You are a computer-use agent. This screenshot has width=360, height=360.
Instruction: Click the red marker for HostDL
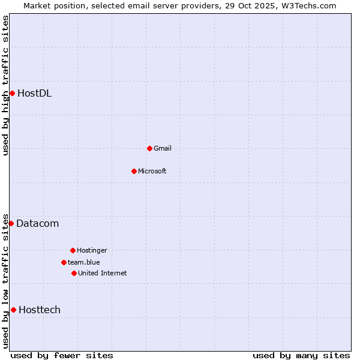(12, 93)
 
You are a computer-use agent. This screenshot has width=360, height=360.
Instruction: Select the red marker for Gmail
(149, 148)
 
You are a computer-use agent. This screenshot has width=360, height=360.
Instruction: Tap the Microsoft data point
(134, 171)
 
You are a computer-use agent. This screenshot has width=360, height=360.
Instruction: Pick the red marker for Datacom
(11, 223)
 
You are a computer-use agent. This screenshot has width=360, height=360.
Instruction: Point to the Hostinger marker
(73, 250)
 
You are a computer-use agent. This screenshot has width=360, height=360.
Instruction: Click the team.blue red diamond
(64, 262)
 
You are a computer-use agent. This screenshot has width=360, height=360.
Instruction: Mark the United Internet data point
(74, 273)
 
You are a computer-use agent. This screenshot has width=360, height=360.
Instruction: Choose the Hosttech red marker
(13, 310)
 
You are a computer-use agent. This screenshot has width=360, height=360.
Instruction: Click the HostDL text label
(34, 93)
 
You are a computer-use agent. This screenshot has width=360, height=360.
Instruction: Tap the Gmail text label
(163, 148)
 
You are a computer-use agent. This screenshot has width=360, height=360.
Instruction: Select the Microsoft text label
(152, 171)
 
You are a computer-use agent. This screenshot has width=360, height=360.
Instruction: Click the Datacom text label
(37, 224)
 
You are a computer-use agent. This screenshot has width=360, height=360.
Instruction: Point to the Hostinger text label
(92, 250)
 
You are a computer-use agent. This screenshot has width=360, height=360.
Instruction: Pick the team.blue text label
(84, 262)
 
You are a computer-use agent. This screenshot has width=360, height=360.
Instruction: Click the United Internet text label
(103, 273)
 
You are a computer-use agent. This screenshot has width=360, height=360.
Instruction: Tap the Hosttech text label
(40, 310)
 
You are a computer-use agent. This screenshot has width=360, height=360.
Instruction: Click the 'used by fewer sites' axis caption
(61, 355)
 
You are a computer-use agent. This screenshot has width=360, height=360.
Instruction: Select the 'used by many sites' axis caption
(301, 355)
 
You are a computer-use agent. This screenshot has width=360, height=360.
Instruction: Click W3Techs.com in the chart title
(306, 5)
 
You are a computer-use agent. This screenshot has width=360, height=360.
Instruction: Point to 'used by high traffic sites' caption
(5, 85)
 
